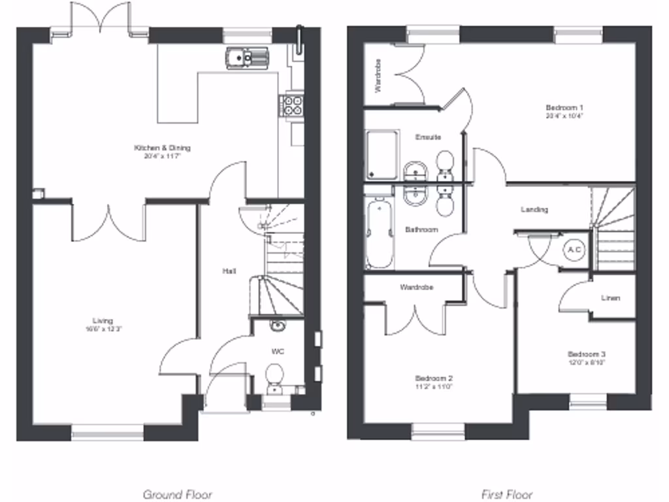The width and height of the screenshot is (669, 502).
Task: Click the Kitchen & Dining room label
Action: tap(162, 148)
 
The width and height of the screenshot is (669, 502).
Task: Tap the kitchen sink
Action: tap(247, 58)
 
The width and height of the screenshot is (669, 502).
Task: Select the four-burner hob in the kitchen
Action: tap(292, 105)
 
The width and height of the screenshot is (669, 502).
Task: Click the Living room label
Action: tap(103, 320)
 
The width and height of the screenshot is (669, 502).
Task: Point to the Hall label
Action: tap(229, 271)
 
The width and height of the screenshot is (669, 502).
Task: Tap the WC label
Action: tap(278, 352)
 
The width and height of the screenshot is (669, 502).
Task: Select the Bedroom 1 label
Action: tap(564, 107)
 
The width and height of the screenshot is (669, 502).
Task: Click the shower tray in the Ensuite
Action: tap(382, 155)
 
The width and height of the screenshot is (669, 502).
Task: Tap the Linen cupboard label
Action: tap(610, 298)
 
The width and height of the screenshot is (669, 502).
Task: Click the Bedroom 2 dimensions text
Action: tap(434, 386)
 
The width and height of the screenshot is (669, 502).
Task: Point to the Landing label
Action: tap(534, 210)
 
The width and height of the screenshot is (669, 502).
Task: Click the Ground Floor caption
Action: tap(177, 495)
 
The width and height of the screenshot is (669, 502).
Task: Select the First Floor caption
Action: tap(506, 495)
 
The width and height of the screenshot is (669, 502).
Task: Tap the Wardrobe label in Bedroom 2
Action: tap(417, 287)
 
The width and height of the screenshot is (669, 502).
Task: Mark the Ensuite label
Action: tap(428, 137)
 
